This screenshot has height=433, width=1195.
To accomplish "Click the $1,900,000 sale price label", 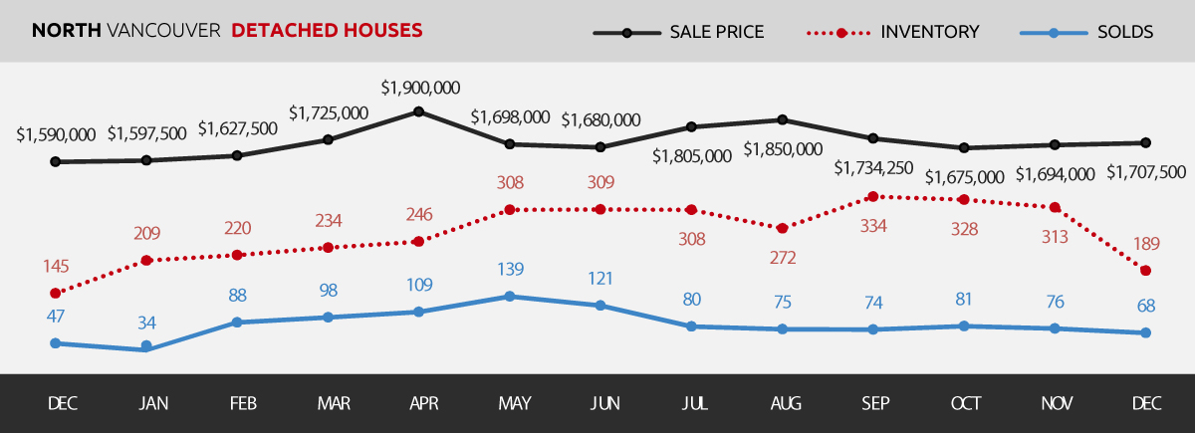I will click(420, 88).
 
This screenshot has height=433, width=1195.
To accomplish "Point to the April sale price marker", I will click(419, 111).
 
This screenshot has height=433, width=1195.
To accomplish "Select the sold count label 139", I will click(510, 270).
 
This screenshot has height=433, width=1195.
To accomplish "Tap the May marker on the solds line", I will click(510, 296).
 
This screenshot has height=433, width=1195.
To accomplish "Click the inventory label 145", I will click(56, 267).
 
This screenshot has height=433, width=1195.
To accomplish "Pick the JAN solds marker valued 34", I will click(146, 347).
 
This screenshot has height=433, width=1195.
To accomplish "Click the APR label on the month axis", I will click(423, 403).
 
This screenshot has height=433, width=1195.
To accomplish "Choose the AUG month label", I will click(786, 403).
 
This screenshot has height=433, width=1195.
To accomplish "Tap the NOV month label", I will click(1058, 403).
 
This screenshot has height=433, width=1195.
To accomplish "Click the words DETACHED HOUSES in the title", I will click(327, 31).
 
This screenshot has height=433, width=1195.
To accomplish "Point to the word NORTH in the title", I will click(66, 31).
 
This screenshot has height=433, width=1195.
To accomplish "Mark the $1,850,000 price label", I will click(783, 150).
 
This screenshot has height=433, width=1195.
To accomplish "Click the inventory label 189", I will click(1146, 245).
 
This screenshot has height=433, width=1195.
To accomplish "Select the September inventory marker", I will click(873, 196).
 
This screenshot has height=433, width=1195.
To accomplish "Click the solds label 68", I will click(1146, 307).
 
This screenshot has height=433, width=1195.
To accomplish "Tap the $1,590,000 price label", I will click(56, 134).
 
